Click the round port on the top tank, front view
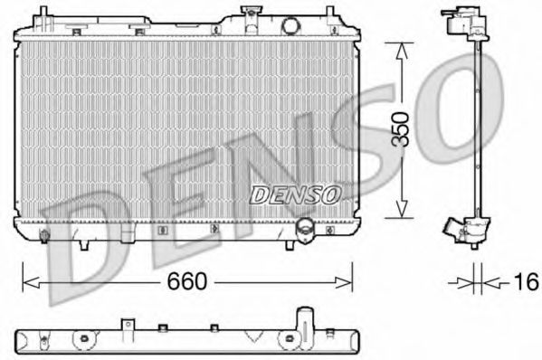click(290, 24)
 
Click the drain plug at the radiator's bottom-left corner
click(44, 238)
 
